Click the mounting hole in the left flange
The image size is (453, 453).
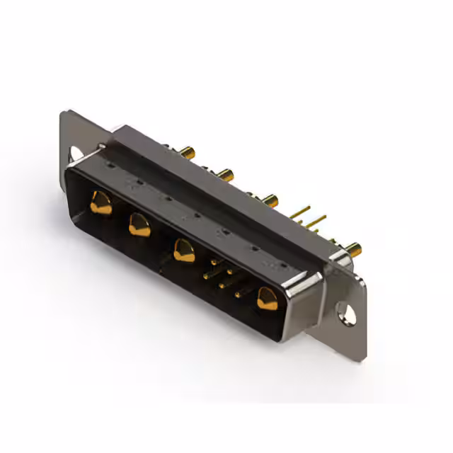[x=75, y=152]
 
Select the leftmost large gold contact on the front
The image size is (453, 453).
[x=101, y=203]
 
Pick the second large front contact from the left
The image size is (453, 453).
[x=139, y=226]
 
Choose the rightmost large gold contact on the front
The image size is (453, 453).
[x=268, y=298]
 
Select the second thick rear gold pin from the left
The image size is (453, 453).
[x=226, y=173]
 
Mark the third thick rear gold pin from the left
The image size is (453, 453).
[x=270, y=200]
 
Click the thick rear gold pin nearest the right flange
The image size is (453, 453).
[x=352, y=248]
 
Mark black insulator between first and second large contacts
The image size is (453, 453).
[x=120, y=216]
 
